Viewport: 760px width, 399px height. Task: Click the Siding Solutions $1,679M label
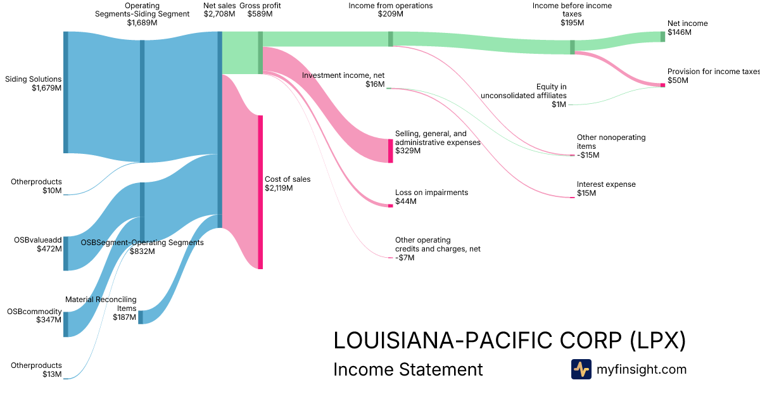pyautogui.click(x=33, y=84)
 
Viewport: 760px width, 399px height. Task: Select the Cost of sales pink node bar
pyautogui.click(x=260, y=192)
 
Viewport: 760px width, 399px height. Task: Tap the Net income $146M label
pyautogui.click(x=687, y=27)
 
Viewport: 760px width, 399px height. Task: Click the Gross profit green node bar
pyautogui.click(x=260, y=53)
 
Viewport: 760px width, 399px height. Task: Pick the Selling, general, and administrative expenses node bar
pyautogui.click(x=390, y=151)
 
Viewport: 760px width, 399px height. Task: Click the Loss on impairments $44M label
pyautogui.click(x=422, y=197)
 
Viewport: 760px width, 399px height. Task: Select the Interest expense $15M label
pyautogui.click(x=605, y=189)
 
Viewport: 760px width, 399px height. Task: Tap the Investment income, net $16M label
pyautogui.click(x=343, y=79)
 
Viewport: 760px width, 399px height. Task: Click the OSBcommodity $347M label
pyautogui.click(x=34, y=316)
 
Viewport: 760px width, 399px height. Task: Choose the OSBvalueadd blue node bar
pyautogui.click(x=65, y=253)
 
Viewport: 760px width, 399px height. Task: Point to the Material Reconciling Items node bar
pyautogui.click(x=141, y=317)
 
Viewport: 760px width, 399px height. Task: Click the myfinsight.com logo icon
pyautogui.click(x=581, y=369)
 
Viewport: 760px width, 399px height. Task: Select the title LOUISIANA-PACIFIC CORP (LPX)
pyautogui.click(x=509, y=341)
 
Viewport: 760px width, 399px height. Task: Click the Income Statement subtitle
pyautogui.click(x=408, y=369)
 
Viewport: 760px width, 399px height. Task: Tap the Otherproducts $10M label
pyautogui.click(x=36, y=186)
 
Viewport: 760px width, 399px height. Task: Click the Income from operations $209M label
pyautogui.click(x=390, y=10)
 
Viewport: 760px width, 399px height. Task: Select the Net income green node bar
pyautogui.click(x=663, y=36)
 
